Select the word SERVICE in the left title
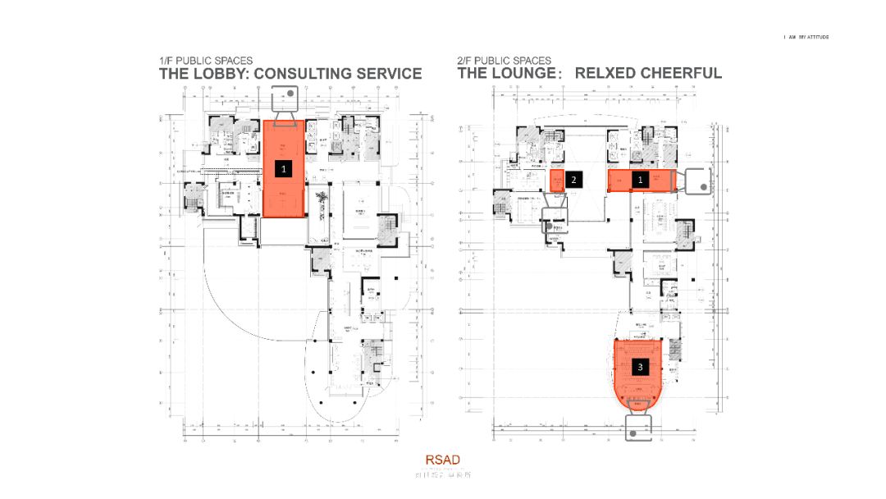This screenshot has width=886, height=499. click(390, 74)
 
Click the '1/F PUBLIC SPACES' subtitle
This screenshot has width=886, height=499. click(205, 61)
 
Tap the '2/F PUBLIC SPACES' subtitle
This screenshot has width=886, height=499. click(504, 61)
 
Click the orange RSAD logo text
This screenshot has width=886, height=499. click(442, 460)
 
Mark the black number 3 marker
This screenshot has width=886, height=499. click(640, 367)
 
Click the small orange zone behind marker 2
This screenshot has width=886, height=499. click(556, 181)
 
